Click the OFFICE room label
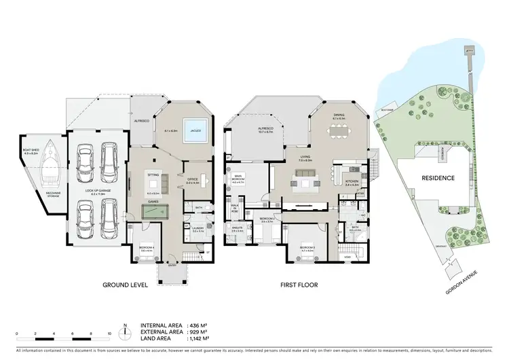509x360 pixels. coord(192,180)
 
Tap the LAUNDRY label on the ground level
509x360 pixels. coord(197,230)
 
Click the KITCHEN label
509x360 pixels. coord(352,182)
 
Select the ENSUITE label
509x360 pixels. coord(237,230)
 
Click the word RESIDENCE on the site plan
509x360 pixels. coord(437,177)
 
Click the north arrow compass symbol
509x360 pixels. coord(125,333)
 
